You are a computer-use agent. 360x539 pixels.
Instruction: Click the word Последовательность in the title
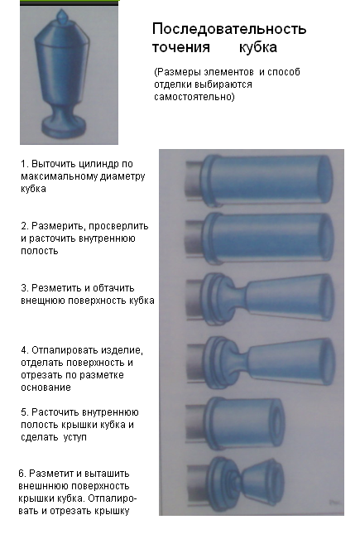pos(229,29)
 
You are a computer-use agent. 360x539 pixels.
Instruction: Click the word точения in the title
pos(180,46)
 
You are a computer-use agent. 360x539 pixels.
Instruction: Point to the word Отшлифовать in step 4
pos(59,351)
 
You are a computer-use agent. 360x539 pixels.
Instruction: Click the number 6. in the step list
pos(22,473)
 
